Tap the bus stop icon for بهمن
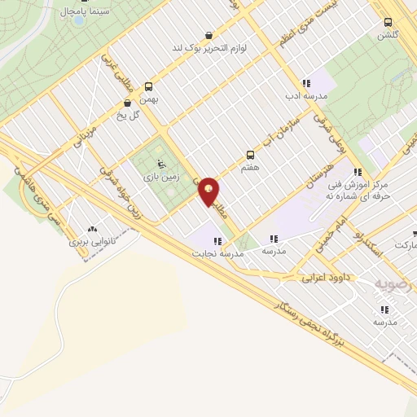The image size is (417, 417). pos(148,86)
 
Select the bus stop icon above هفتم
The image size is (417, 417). pos(250,154)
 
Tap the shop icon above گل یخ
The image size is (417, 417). pos(127,103)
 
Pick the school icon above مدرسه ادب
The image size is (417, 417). pos(305,83)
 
